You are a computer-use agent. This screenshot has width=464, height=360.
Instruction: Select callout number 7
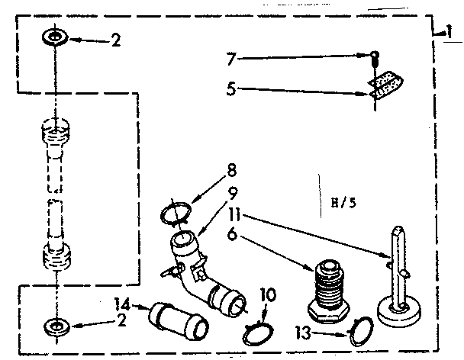pyautogui.click(x=231, y=57)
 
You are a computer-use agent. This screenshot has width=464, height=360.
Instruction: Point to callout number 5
pyautogui.click(x=231, y=88)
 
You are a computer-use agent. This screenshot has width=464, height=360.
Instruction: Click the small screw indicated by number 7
pyautogui.click(x=376, y=54)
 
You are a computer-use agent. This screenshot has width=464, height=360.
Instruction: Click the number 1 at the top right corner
pyautogui.click(x=447, y=31)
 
